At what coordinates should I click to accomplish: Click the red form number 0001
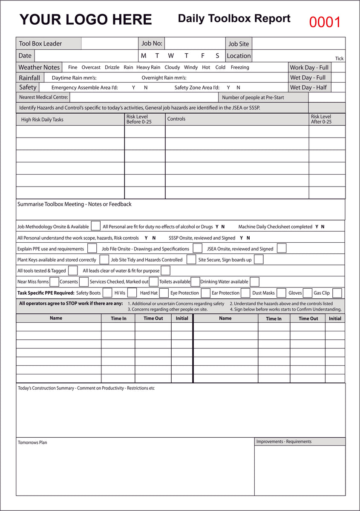click(x=325, y=22)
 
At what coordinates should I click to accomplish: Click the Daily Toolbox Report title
click(x=234, y=18)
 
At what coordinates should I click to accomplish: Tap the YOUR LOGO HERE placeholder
click(x=86, y=20)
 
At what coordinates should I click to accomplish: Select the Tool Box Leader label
click(x=40, y=43)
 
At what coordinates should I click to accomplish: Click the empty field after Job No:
click(x=194, y=43)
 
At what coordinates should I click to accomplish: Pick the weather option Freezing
click(x=240, y=67)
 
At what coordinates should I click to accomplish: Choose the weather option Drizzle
click(x=112, y=67)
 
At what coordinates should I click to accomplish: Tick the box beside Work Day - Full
click(x=338, y=67)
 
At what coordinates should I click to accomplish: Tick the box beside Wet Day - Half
click(x=338, y=87)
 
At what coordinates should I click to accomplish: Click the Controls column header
click(x=176, y=119)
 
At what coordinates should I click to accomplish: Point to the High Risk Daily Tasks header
click(x=42, y=120)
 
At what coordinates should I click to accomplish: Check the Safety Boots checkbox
click(x=107, y=293)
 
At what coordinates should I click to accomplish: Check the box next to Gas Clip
click(x=337, y=293)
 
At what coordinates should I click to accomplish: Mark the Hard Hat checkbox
click(x=164, y=293)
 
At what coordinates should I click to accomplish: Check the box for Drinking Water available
click(x=254, y=282)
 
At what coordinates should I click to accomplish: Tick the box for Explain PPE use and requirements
click(x=92, y=248)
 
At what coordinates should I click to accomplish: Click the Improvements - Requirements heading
click(x=284, y=442)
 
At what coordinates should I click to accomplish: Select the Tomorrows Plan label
click(x=32, y=442)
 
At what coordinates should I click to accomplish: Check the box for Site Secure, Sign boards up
click(x=259, y=259)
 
